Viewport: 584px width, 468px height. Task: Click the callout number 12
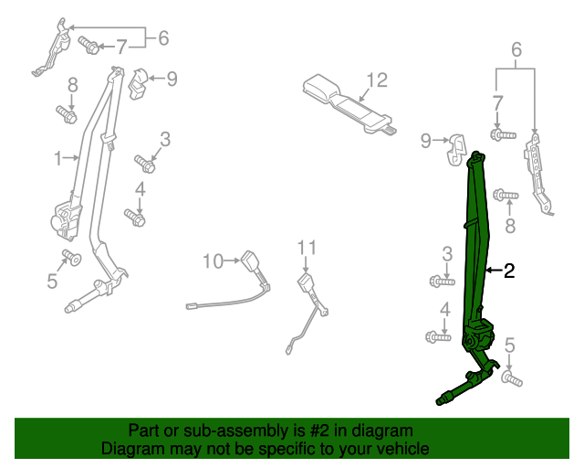377,80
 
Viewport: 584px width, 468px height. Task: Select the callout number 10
212,262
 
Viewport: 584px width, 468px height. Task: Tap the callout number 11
307,248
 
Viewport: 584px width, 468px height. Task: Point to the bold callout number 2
509,271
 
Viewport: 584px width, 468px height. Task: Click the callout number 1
57,158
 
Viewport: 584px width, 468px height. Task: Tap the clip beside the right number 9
455,148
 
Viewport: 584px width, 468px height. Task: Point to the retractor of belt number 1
64,220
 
